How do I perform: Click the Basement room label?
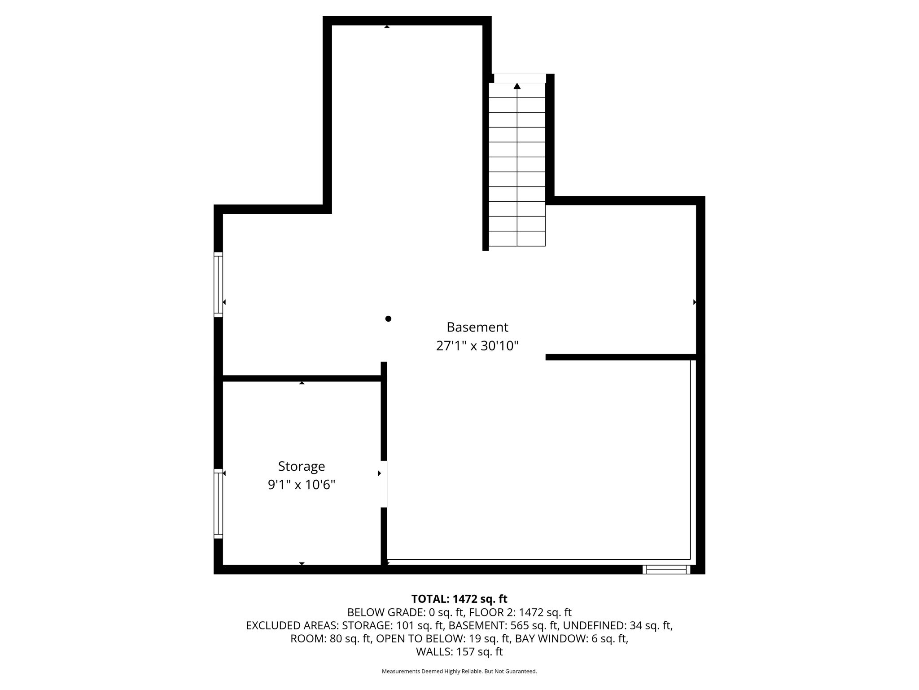477,327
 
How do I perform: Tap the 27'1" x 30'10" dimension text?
477,346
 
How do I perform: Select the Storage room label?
302,467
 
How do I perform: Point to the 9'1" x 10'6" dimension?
302,485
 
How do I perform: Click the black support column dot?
388,319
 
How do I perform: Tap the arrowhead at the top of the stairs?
517,86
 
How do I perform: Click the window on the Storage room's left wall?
218,504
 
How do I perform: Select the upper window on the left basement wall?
218,284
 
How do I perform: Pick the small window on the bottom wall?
666,570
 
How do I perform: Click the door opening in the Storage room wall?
384,484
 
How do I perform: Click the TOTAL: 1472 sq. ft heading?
459,599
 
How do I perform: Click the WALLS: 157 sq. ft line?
459,652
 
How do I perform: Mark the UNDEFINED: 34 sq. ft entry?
617,625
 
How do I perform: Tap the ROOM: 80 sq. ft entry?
331,639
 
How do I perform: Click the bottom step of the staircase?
517,239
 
